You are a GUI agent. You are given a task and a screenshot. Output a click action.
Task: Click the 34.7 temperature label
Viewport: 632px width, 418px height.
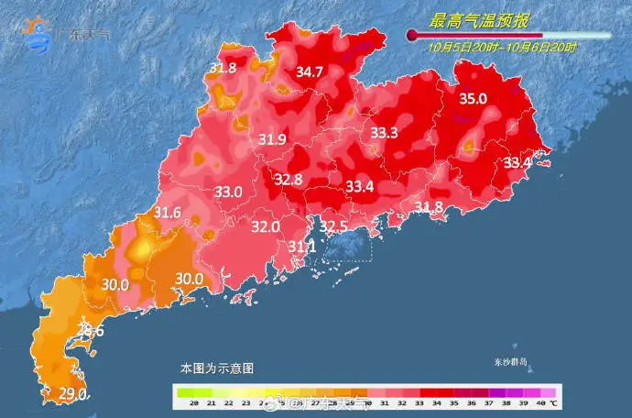pos(310,71)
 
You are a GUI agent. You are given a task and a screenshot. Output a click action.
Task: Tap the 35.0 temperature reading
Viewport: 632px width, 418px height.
pos(473,99)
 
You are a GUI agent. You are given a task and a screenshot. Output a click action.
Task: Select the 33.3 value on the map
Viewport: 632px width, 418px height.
pos(384,133)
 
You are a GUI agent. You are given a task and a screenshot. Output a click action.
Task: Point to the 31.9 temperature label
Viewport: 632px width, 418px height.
pos(272,139)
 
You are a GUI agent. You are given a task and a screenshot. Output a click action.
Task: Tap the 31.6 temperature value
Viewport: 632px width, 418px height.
pos(167,214)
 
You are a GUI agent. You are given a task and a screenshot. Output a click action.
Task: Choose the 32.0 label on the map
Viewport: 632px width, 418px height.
pos(266,226)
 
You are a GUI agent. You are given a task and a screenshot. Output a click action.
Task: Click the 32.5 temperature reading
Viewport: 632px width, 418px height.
pos(333,226)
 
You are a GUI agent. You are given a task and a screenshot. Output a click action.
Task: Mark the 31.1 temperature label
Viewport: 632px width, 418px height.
pos(301,247)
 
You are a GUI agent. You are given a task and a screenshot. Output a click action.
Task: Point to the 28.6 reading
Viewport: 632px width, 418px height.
pos(90,330)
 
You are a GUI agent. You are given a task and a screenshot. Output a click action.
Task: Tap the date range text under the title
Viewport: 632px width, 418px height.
pos(503,47)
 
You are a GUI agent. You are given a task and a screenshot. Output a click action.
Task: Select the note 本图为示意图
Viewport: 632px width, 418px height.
pos(217,368)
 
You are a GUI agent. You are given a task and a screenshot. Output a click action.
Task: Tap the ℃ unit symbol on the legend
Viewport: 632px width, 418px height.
pos(554,403)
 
